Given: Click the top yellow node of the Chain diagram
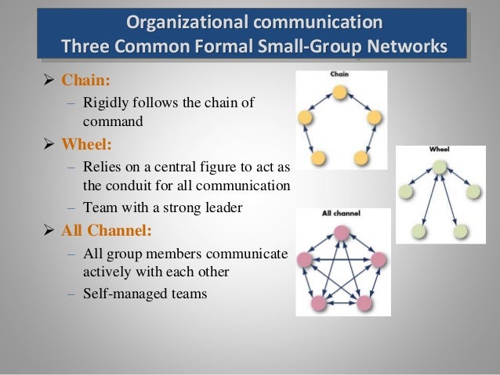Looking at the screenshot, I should tap(339, 93).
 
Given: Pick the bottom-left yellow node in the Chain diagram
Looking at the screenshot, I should tap(318, 158).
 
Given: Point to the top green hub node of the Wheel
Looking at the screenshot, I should tap(440, 166).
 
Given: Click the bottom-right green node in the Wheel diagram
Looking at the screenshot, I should tap(460, 231).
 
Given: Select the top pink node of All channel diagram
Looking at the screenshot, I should tap(341, 233).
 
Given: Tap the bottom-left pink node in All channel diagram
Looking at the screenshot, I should tap(320, 301).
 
